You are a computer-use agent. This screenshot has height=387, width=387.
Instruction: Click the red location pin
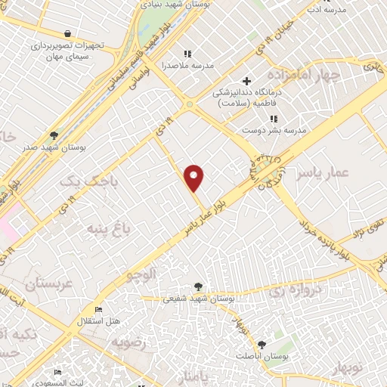coord(195,177)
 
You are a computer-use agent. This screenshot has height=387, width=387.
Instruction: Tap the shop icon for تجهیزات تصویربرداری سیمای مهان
coord(68,33)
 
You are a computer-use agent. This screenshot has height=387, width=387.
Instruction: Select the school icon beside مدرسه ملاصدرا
coord(187,54)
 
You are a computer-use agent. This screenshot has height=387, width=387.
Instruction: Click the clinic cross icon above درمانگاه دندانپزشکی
coord(246,81)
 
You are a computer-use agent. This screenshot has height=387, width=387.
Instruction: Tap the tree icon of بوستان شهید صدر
coord(52,135)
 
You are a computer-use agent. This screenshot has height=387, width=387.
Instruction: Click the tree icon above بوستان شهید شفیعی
coord(198,286)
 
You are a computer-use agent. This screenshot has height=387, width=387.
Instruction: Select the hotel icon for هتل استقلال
coord(98,310)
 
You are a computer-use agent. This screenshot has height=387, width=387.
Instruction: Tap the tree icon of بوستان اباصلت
coord(262,343)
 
